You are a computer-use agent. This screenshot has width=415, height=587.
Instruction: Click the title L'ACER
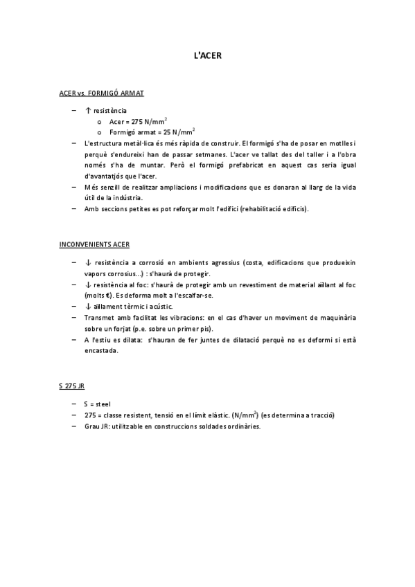pyautogui.click(x=207, y=55)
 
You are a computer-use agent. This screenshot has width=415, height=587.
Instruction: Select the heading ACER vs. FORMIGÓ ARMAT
pyautogui.click(x=102, y=92)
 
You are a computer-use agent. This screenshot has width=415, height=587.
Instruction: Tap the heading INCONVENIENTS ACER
pyautogui.click(x=94, y=244)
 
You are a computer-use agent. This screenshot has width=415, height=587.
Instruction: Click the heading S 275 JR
pyautogui.click(x=72, y=386)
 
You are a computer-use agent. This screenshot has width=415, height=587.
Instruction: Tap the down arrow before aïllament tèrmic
pyautogui.click(x=87, y=306)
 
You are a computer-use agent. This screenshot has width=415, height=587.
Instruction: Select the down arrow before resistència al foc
pyautogui.click(x=87, y=285)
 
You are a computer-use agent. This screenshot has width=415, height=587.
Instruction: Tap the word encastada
pyautogui.click(x=100, y=350)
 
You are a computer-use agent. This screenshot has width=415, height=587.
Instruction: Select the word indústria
pyautogui.click(x=127, y=198)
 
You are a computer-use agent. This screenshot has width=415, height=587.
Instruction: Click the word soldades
pyautogui.click(x=202, y=426)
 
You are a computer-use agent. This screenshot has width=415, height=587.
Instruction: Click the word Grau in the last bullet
pyautogui.click(x=91, y=426)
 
